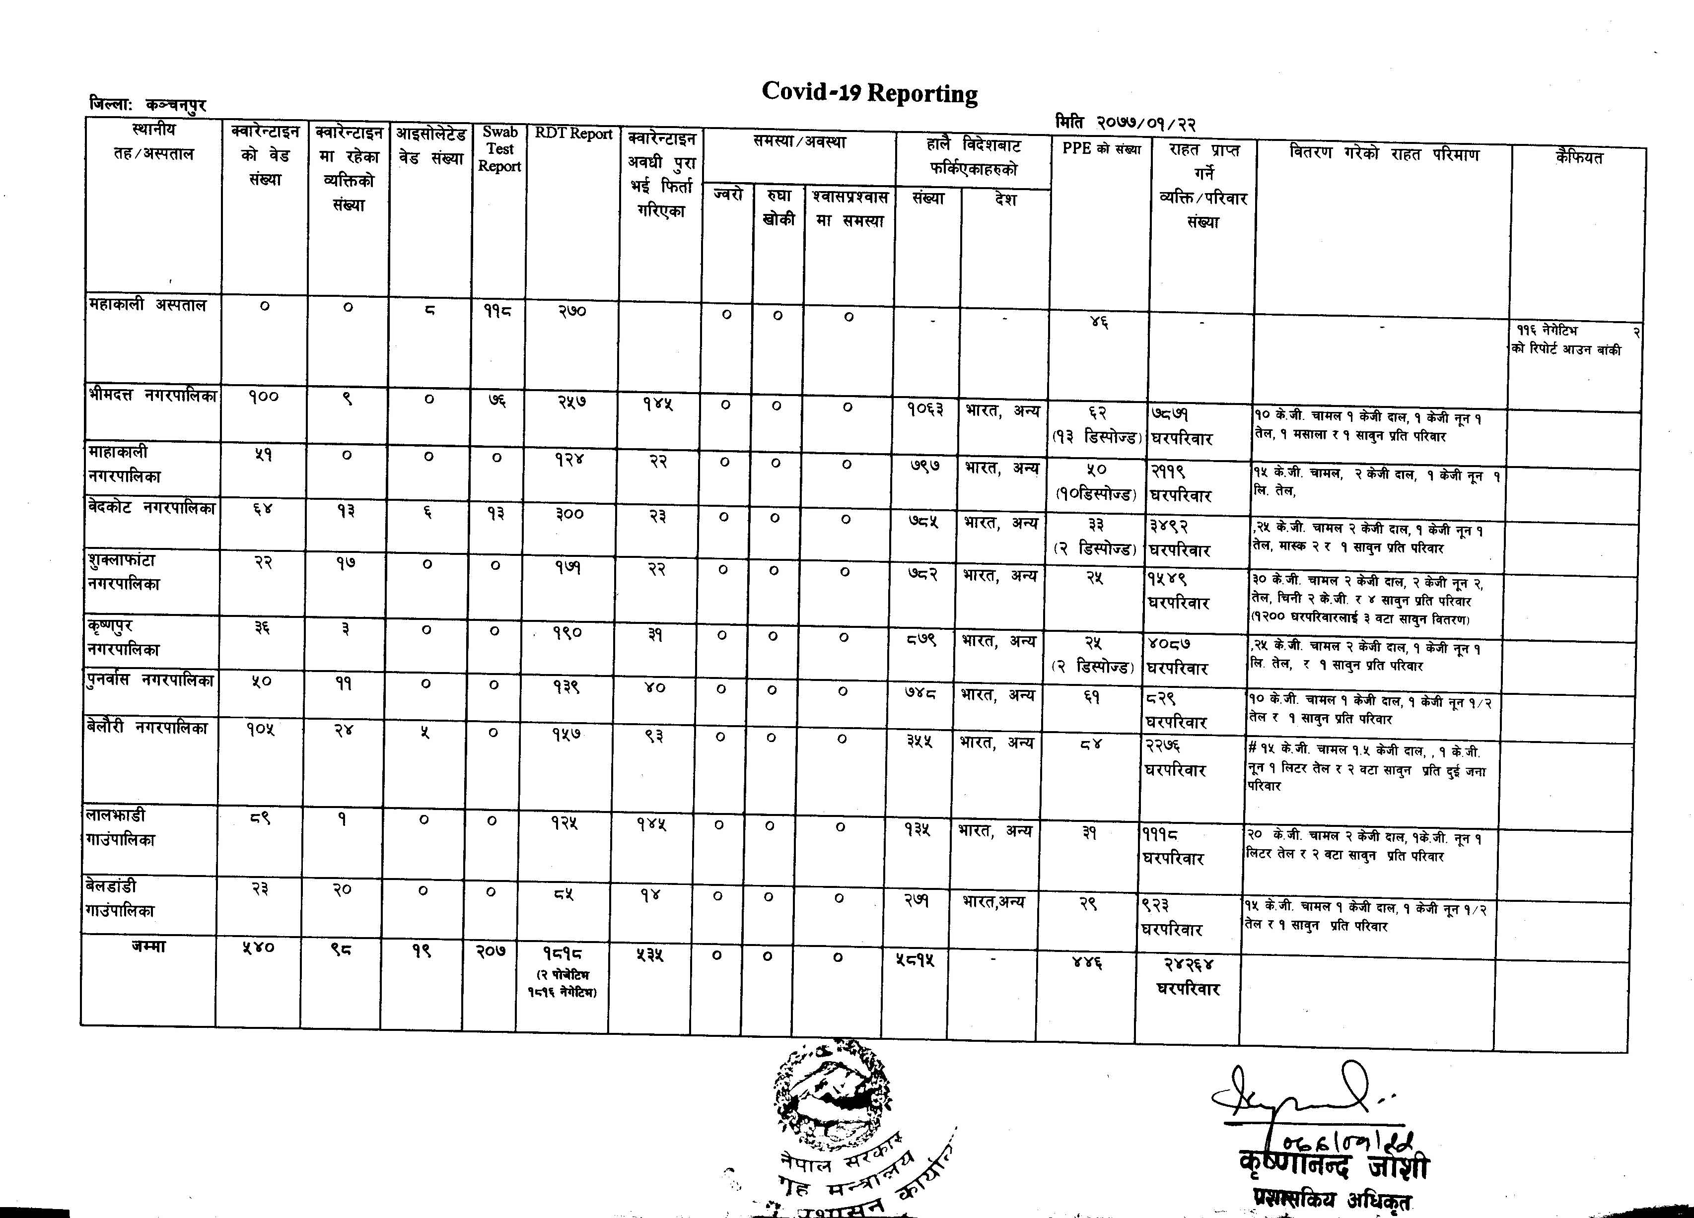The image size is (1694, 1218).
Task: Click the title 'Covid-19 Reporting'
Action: [x=869, y=93]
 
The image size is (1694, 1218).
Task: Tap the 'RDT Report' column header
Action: [x=573, y=135]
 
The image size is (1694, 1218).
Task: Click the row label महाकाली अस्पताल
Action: [x=147, y=305]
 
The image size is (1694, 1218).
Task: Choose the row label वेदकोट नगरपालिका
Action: [x=151, y=508]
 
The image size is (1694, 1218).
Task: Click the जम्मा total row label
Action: [x=148, y=946]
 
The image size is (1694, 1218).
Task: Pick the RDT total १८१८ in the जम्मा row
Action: [x=563, y=953]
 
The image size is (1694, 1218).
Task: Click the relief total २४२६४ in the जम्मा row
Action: [x=1188, y=965]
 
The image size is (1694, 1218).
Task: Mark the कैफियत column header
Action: [x=1578, y=157]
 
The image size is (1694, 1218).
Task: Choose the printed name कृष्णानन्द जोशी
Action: [x=1333, y=1166]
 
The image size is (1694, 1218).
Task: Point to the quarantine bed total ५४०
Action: [x=259, y=947]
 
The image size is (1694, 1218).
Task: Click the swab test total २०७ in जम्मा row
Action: [x=491, y=950]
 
